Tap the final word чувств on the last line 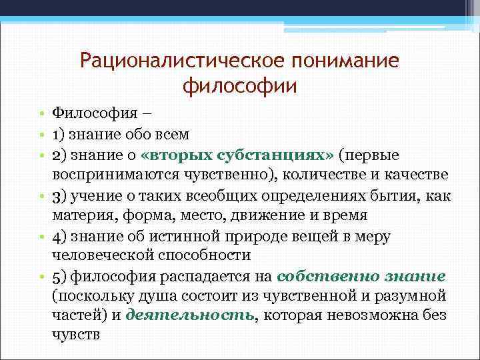point(75,335)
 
